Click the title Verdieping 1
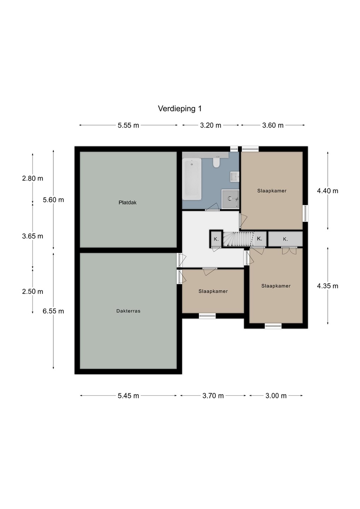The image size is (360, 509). pos(180,109)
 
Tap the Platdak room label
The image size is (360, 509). pos(128,203)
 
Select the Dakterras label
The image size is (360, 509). pos(128,311)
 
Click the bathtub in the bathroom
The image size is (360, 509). pos(192,179)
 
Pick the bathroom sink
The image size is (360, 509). pos(234,177)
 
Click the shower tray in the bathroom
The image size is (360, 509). pos(230,199)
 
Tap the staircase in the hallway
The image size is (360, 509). pos(238,239)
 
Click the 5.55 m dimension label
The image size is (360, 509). pos(128,125)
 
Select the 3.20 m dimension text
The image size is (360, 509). pos(211,125)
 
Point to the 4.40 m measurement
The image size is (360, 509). pos(327,191)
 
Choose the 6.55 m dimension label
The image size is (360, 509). pos(53,311)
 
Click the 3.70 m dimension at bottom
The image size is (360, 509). pos(213,396)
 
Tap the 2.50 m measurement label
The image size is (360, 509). pos(33,292)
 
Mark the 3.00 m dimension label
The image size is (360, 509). pos(276,396)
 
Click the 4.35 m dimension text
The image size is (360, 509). pos(327,286)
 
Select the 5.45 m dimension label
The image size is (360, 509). pos(128,396)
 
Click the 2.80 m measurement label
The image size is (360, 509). pos(33,179)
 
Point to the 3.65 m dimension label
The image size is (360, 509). pos(33,236)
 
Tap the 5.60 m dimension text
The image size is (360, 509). pos(53,200)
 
